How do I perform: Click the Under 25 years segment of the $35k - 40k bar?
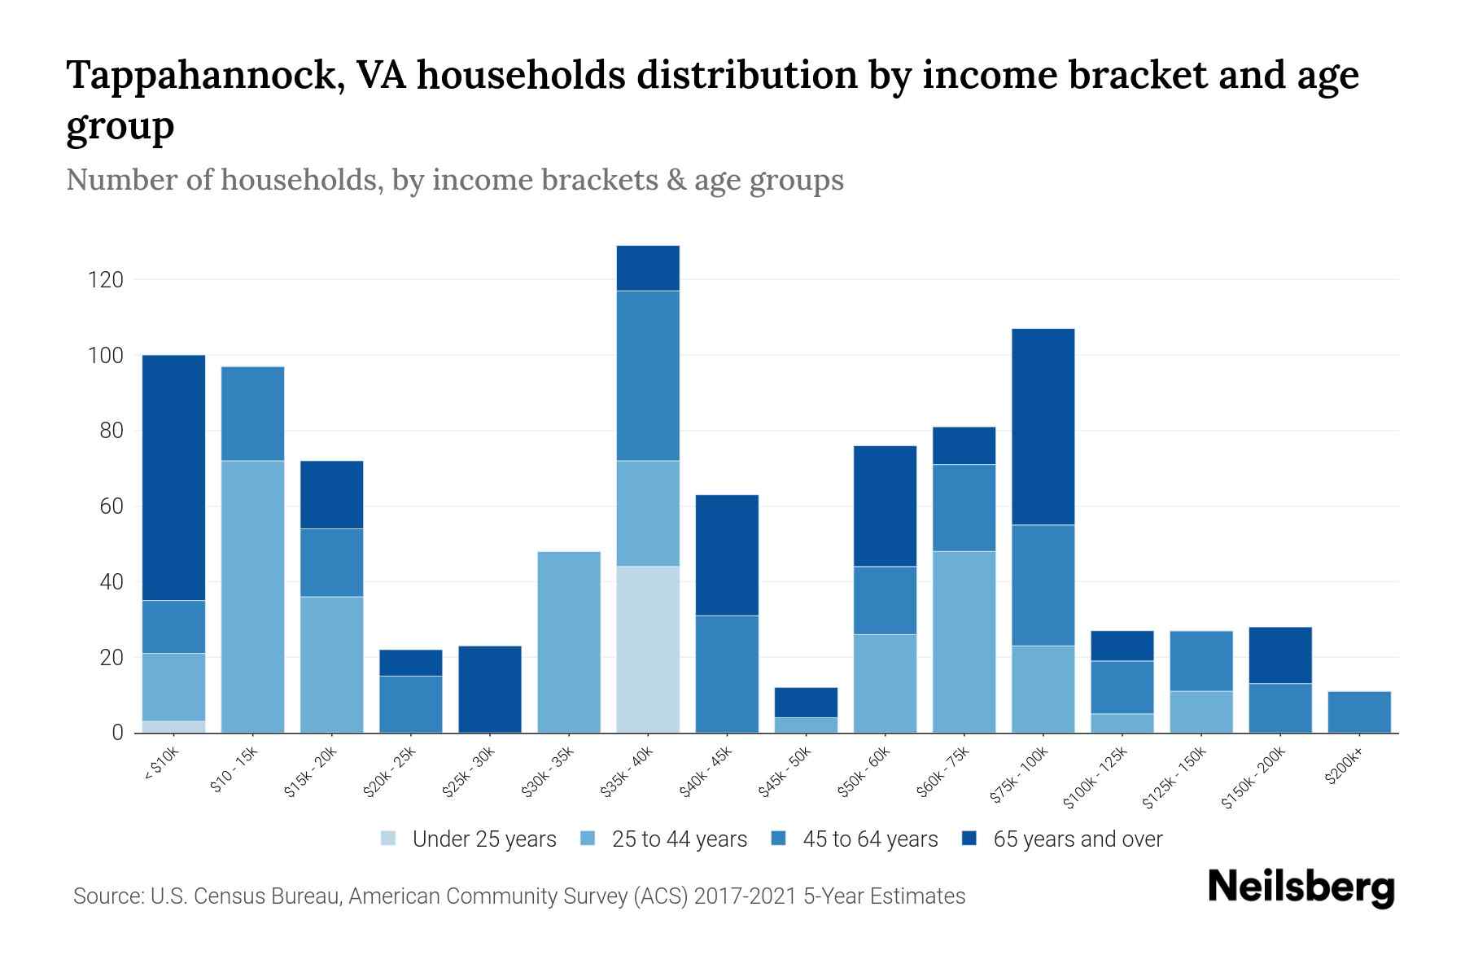click(648, 649)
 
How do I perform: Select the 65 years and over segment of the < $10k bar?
click(173, 477)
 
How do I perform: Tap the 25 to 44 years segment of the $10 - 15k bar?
click(253, 596)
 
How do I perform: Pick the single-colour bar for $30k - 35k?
click(569, 642)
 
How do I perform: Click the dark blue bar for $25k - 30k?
click(490, 689)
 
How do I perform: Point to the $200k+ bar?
click(1359, 712)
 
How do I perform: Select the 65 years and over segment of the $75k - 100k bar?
click(1043, 427)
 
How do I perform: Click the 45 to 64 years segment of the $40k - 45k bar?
click(727, 673)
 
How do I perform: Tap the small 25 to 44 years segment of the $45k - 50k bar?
click(806, 725)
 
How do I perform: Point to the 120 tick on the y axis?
click(106, 280)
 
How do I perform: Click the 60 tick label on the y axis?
click(111, 506)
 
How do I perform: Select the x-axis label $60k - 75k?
click(945, 773)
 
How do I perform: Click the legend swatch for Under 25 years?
click(389, 838)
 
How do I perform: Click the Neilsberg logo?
click(1301, 887)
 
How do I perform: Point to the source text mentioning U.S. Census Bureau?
click(518, 896)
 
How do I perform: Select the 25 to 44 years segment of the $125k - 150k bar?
click(1201, 712)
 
